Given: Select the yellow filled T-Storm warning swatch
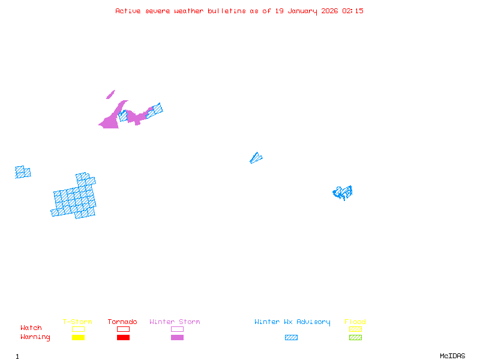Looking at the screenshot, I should coord(78,337).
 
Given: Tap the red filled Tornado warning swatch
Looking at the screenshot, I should coord(123,337).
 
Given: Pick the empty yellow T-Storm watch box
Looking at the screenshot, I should coord(78,329).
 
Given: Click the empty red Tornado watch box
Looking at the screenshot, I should coord(123,329).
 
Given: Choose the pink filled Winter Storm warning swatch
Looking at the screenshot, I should coord(177,337).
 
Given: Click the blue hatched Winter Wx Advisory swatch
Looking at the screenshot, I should coord(291,337).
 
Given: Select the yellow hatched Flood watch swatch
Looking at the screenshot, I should coord(355,329).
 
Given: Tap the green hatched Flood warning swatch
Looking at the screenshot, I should coord(355,337).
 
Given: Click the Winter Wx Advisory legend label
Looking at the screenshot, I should coord(292,322).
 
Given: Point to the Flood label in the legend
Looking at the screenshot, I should coord(355,322).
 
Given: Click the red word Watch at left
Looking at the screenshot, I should coord(31,328).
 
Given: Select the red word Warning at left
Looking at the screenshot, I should coord(35,337).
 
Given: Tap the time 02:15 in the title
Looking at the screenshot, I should coord(353,11).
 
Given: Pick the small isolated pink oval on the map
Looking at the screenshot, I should coord(110,94).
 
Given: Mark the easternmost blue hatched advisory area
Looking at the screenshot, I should coord(343,193).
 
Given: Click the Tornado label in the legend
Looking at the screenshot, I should coord(122,322).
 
